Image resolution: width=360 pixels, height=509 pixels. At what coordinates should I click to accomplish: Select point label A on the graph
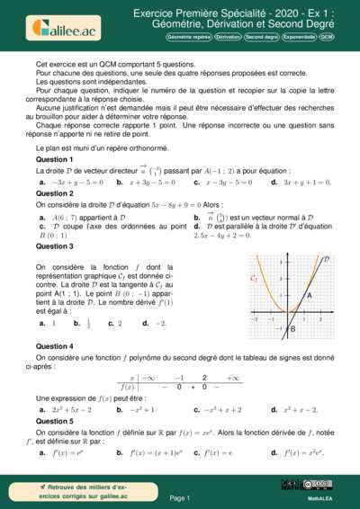click(x=309, y=295)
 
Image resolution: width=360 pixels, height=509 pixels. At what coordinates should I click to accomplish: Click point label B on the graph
click(x=292, y=329)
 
